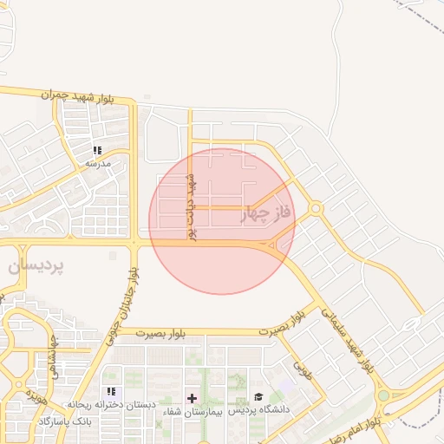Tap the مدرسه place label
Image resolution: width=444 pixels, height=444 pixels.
[97, 163]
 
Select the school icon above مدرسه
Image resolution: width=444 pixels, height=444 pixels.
[97, 150]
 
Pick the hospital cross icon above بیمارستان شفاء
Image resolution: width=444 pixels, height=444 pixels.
[192, 398]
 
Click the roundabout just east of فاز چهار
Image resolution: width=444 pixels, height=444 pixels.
[315, 208]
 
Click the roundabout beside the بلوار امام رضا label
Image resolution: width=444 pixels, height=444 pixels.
[383, 395]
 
